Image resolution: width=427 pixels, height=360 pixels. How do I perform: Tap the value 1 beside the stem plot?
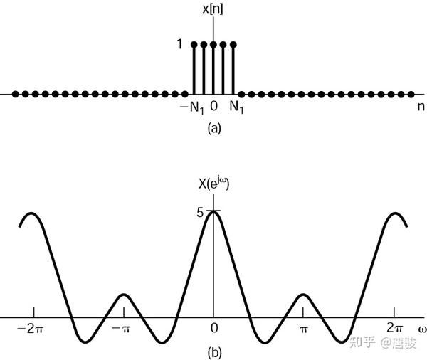(x=181, y=44)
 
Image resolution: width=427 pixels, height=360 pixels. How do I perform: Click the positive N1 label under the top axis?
(x=238, y=108)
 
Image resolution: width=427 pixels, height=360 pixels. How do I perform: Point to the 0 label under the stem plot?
(x=213, y=107)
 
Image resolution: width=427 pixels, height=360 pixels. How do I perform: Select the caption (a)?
(x=213, y=128)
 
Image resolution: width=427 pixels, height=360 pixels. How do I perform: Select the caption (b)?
(x=213, y=351)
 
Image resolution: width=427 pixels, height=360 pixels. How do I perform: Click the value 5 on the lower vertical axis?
(x=201, y=211)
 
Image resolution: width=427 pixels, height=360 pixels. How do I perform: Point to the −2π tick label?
(x=33, y=329)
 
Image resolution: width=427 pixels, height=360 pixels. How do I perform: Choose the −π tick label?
(x=123, y=329)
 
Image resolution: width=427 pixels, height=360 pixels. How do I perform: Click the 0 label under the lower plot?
(x=213, y=329)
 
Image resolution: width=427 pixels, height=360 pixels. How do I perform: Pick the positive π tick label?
(x=304, y=329)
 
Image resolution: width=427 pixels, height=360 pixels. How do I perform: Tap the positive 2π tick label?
(x=394, y=329)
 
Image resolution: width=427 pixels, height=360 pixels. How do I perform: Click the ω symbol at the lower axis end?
(x=421, y=329)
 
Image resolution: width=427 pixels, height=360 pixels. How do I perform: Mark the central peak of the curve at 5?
(x=213, y=211)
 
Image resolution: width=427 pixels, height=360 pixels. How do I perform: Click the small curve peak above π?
(x=304, y=295)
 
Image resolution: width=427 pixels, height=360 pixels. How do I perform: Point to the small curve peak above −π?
(x=123, y=295)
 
